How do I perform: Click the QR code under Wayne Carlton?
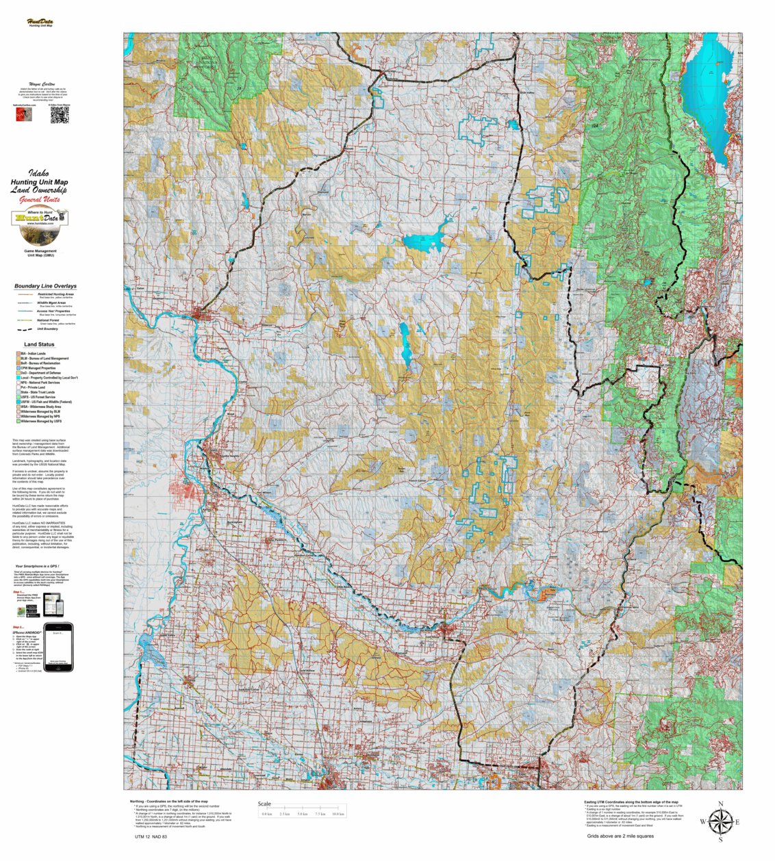click(x=60, y=115)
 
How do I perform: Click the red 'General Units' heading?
click(x=39, y=200)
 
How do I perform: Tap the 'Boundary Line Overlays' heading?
click(x=45, y=286)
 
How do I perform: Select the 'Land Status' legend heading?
click(x=39, y=344)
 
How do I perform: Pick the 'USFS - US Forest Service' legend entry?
click(x=41, y=397)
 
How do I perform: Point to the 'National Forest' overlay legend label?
click(x=48, y=320)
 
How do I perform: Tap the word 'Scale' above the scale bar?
click(x=264, y=804)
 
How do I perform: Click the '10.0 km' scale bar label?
click(x=338, y=814)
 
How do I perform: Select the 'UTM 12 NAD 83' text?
click(x=151, y=836)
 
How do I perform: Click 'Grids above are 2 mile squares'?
click(x=620, y=836)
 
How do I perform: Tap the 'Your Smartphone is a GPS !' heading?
click(x=41, y=567)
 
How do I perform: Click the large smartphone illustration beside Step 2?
click(x=58, y=647)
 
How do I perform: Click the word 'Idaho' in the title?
click(x=39, y=174)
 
